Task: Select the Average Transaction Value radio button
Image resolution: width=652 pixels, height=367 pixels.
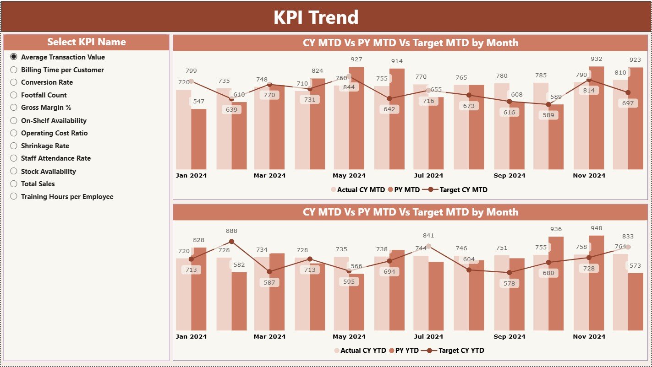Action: [x=14, y=57]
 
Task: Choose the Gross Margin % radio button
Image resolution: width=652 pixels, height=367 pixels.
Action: [x=14, y=108]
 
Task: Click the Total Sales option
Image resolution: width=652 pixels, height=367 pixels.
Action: [x=38, y=184]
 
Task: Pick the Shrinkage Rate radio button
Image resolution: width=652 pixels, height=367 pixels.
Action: [x=14, y=146]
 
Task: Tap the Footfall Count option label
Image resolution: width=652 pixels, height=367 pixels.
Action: [x=44, y=95]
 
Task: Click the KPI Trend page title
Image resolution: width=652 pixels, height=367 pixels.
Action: [x=316, y=17]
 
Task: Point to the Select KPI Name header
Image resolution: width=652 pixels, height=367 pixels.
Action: [x=86, y=42]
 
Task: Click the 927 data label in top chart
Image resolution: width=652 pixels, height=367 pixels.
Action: [x=356, y=59]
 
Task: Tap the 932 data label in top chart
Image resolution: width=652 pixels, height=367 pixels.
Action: [x=596, y=59]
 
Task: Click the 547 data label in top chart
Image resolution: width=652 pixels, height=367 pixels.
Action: [x=198, y=101]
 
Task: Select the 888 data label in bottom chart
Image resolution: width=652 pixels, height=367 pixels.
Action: [x=231, y=231]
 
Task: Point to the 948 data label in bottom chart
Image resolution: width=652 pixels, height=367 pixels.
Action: [x=596, y=228]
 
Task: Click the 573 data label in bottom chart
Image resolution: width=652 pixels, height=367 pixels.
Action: [x=636, y=266]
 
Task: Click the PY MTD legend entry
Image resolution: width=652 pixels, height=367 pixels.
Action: [x=404, y=190]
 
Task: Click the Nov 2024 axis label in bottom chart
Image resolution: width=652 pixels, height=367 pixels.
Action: [x=589, y=336]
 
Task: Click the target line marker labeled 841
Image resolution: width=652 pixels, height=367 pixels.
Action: [x=428, y=246]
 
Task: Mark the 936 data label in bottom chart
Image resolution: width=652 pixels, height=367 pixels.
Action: [x=556, y=229]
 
